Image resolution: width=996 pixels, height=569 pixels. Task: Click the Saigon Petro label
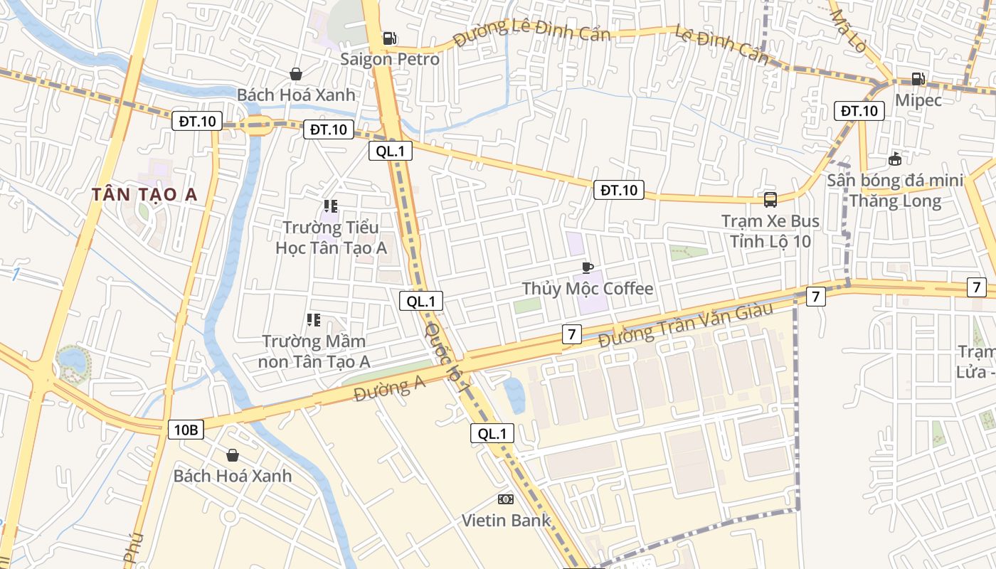point(389,59)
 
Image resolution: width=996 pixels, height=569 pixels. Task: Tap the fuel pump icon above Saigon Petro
point(389,38)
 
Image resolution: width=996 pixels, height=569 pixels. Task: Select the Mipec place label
point(918,100)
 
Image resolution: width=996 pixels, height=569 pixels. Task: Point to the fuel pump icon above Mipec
point(918,79)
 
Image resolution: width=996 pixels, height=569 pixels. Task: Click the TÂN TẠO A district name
point(144,195)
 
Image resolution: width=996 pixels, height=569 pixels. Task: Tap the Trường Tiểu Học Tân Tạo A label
point(331,238)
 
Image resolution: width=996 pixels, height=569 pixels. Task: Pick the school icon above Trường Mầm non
point(314,320)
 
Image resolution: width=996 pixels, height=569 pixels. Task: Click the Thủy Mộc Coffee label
point(587,288)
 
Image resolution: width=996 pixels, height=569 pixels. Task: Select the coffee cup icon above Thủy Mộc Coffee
point(587,267)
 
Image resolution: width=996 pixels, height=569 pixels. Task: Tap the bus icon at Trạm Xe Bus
point(770,200)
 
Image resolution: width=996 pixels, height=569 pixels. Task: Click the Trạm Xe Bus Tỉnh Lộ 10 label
point(770,231)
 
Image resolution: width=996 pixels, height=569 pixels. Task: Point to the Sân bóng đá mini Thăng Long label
point(895,191)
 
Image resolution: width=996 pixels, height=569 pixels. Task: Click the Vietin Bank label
point(506,520)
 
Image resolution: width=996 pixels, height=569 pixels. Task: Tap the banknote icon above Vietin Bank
point(506,499)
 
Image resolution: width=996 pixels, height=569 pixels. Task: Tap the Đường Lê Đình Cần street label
point(531,32)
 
